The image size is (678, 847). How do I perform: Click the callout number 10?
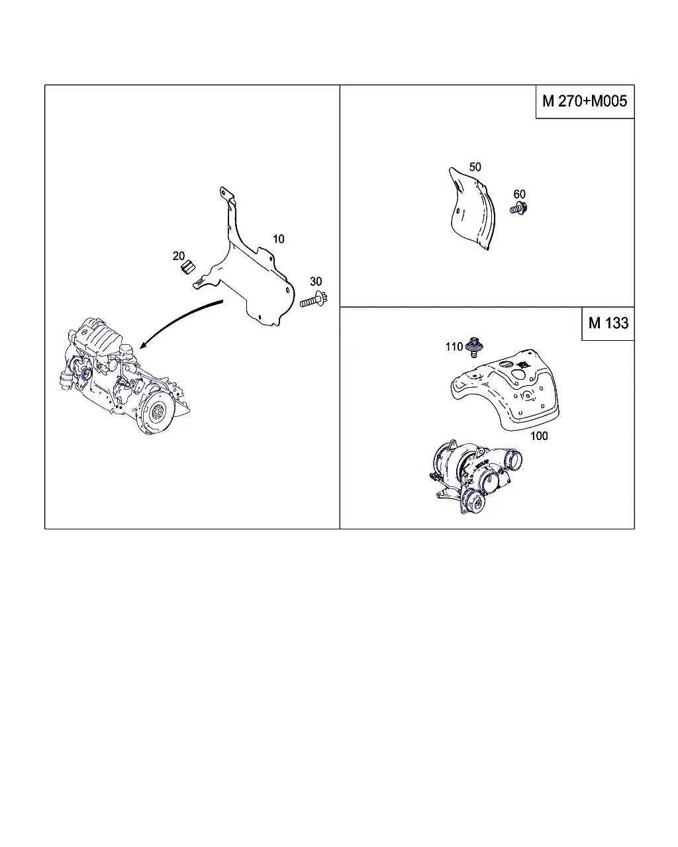278,239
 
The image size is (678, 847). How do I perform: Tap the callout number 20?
179,256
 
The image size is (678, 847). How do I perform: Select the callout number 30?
316,281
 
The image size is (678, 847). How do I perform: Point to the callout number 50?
475,167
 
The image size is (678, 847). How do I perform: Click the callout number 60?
519,194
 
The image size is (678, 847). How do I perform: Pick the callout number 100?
539,435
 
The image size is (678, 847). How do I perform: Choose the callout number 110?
454,347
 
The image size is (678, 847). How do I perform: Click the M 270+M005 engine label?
585,101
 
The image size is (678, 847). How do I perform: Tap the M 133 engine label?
608,323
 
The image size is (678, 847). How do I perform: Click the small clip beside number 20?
188,267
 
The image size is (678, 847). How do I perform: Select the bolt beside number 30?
314,300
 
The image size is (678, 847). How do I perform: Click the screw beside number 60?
519,208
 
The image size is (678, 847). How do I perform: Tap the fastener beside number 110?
474,347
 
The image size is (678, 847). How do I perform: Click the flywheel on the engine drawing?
156,412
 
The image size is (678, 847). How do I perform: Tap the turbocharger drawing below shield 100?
475,476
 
